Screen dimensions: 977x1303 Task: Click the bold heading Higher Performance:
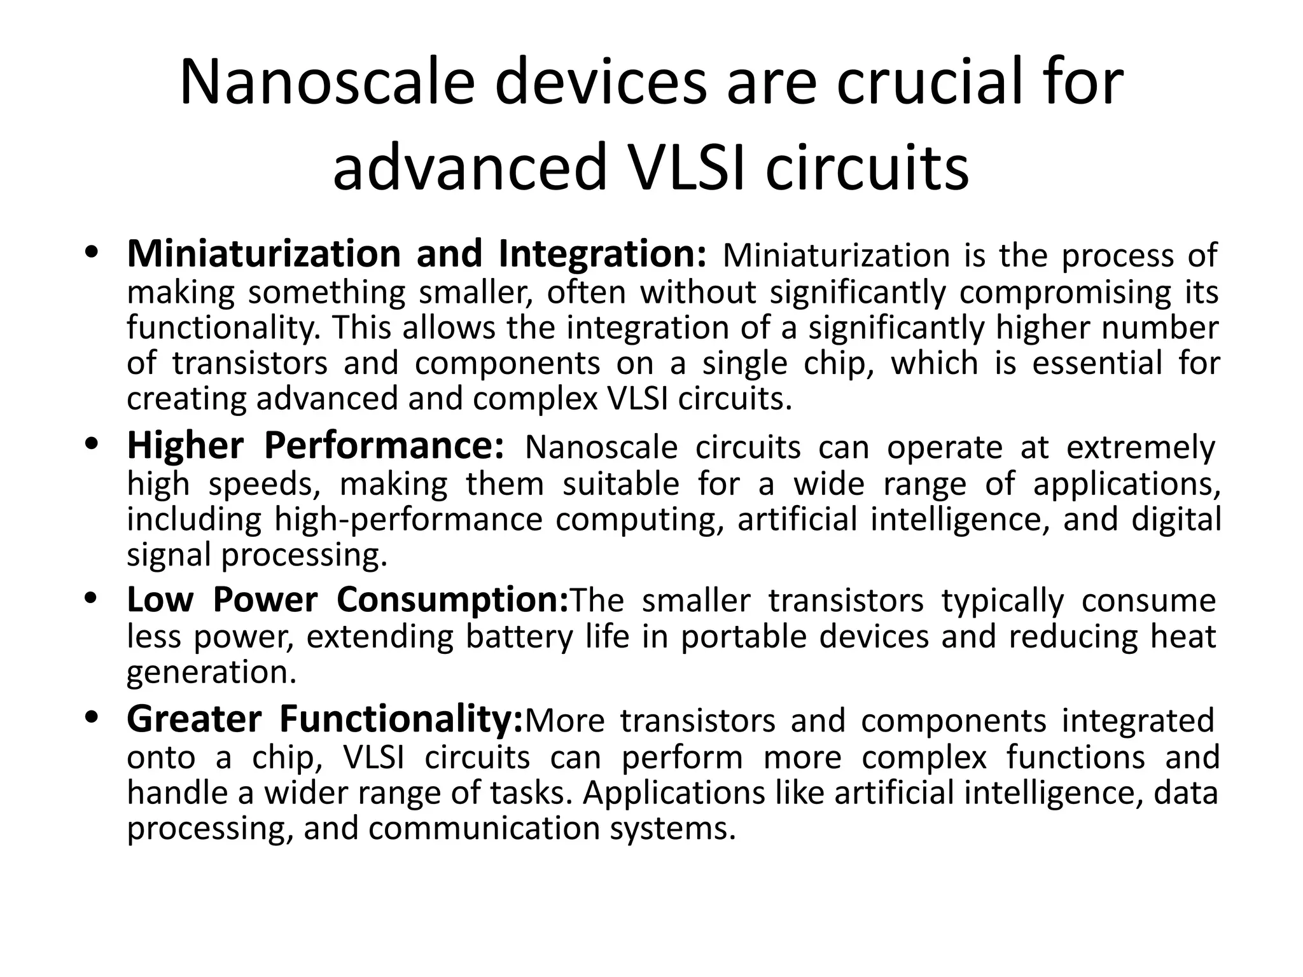coord(316,446)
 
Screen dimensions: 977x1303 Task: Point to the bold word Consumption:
coord(452,600)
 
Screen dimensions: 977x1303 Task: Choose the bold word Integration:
coord(602,254)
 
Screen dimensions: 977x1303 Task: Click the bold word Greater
coord(194,719)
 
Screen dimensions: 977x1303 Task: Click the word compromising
coord(1065,293)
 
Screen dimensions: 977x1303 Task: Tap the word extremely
coord(1141,447)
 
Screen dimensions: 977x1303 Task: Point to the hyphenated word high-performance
coord(408,520)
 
